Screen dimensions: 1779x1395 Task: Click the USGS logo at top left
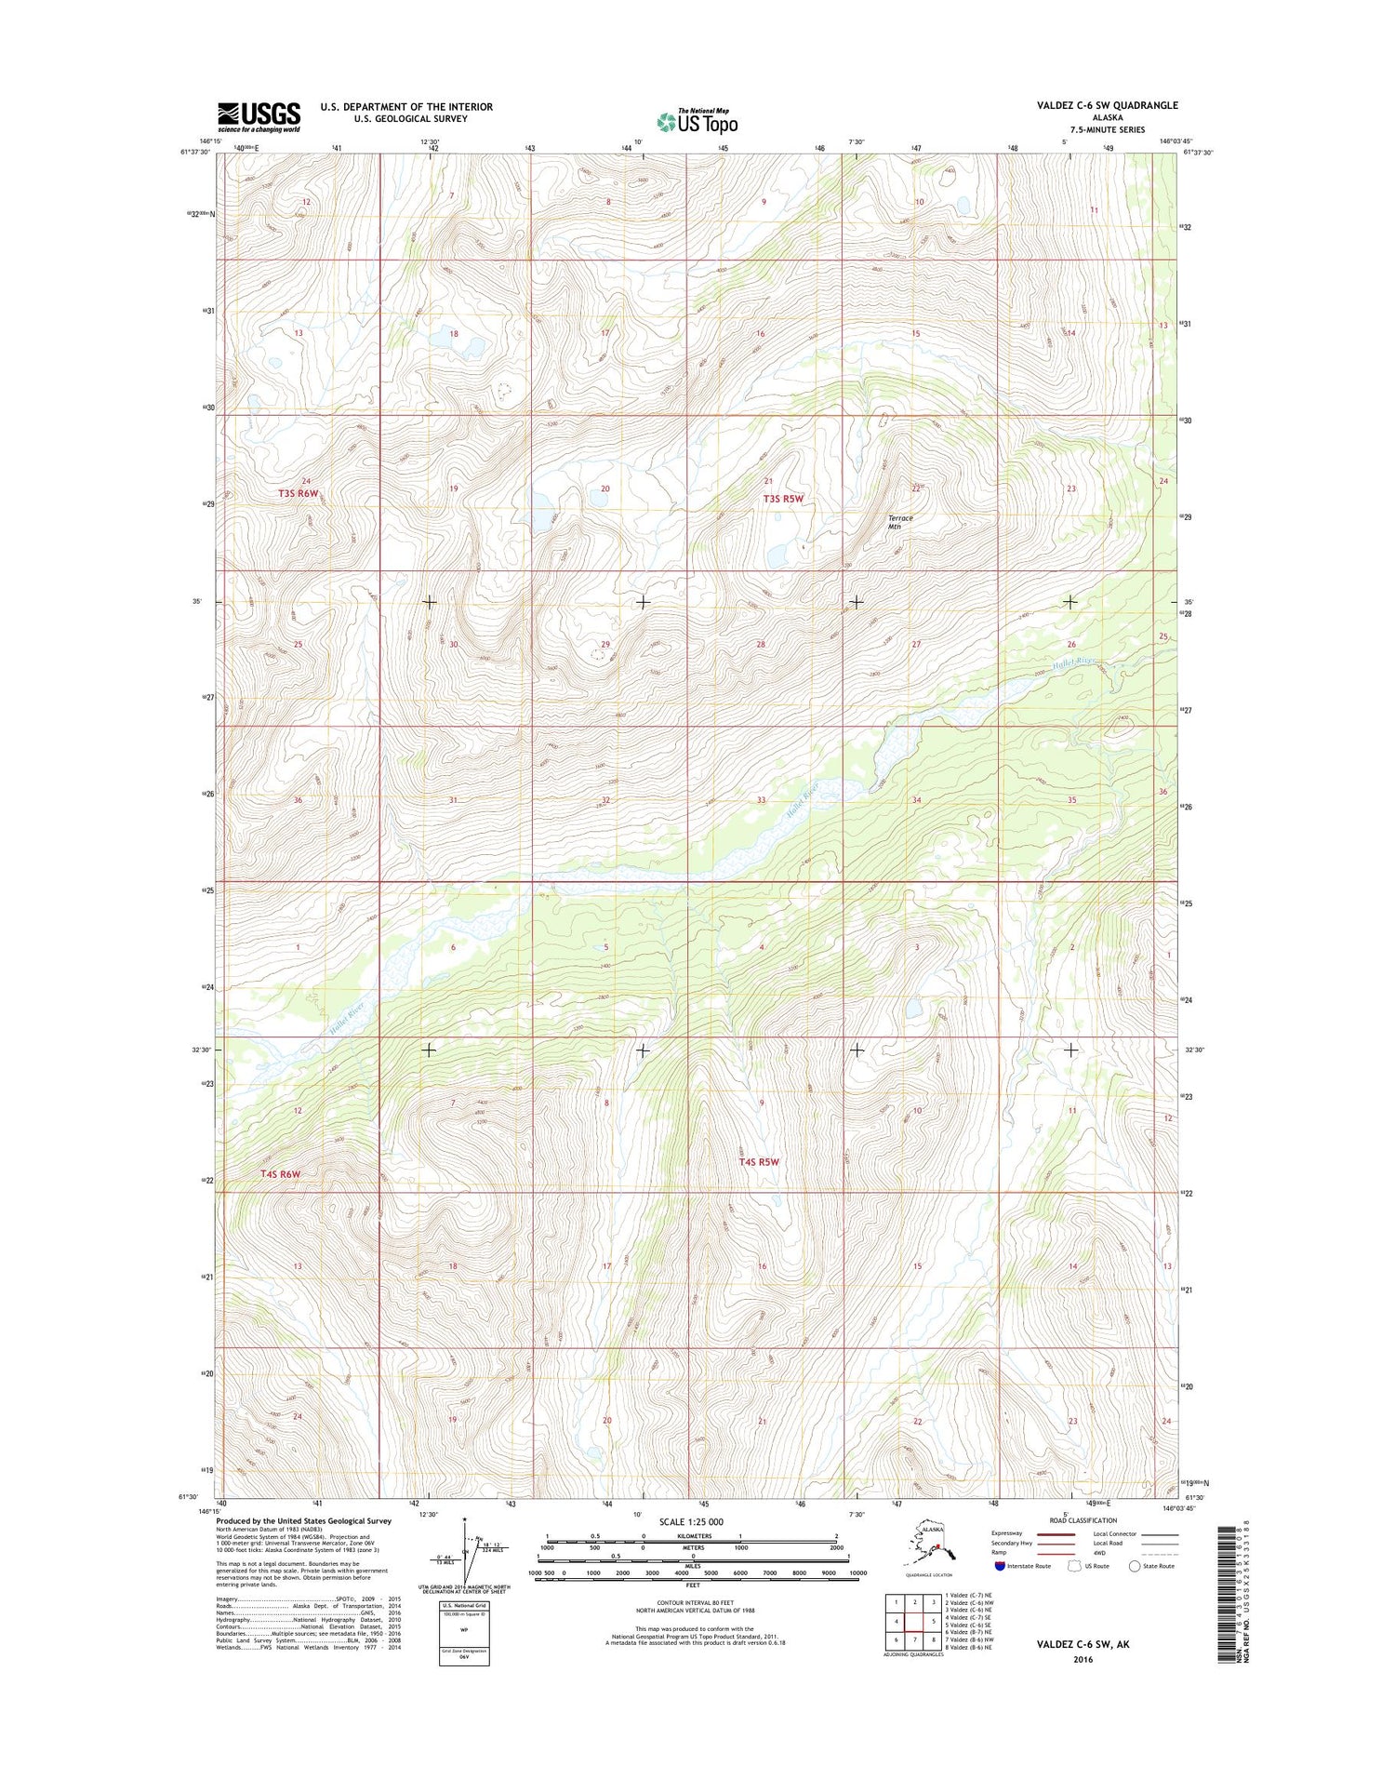[259, 117]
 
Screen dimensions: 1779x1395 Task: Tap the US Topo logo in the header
[697, 121]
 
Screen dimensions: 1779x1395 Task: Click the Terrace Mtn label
[900, 522]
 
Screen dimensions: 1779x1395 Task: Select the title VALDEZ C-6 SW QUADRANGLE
[1107, 106]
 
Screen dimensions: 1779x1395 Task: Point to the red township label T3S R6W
[299, 493]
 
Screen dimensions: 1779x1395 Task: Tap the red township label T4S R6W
[281, 1174]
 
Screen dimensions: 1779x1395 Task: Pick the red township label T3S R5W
[783, 499]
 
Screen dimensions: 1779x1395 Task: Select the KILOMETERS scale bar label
[693, 1535]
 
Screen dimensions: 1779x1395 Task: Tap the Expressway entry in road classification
[1007, 1533]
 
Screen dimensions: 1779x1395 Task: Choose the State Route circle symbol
[1134, 1566]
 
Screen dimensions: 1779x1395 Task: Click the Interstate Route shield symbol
[1000, 1566]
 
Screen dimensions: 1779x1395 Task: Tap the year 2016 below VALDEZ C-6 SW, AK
[1082, 1660]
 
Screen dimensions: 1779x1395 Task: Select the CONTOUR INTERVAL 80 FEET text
[693, 1602]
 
